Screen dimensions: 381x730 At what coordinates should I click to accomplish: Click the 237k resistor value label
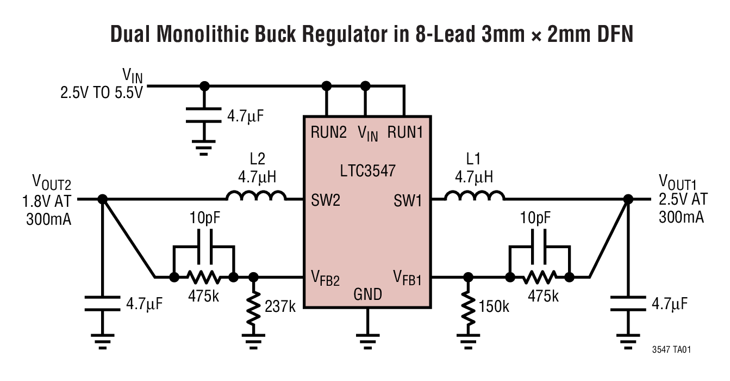pyautogui.click(x=280, y=306)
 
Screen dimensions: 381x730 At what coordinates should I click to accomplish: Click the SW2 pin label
pyautogui.click(x=326, y=201)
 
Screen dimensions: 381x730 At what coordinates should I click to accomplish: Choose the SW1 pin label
pyautogui.click(x=408, y=201)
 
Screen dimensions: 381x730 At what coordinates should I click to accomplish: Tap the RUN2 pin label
pyautogui.click(x=329, y=132)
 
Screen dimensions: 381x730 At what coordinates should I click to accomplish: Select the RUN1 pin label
pyautogui.click(x=405, y=132)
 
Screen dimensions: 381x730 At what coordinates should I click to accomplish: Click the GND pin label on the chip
pyautogui.click(x=368, y=294)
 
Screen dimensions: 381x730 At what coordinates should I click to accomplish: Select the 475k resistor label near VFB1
pyautogui.click(x=541, y=296)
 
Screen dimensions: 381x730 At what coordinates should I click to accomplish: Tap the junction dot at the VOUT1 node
pyautogui.click(x=628, y=200)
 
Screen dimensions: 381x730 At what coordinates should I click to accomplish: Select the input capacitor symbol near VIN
pyautogui.click(x=204, y=115)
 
